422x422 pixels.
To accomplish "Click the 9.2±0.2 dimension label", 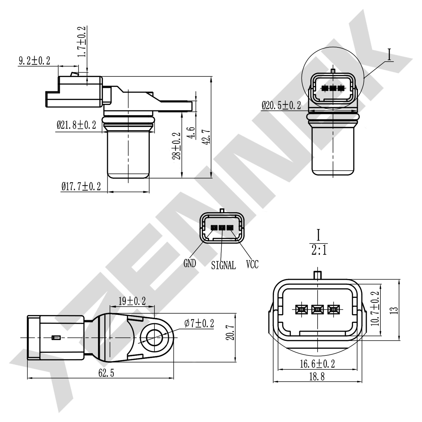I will [x=34, y=61].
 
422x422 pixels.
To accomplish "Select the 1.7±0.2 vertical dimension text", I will [x=82, y=42].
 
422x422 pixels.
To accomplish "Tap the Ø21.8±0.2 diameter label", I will [x=76, y=125].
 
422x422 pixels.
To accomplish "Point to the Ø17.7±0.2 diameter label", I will [x=81, y=186].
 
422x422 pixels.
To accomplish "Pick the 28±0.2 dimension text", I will [x=176, y=146].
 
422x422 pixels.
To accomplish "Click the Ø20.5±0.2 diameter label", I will [x=281, y=105].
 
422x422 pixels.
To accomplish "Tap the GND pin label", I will [x=190, y=263].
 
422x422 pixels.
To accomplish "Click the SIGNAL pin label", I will [x=223, y=265].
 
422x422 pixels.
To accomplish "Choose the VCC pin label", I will [x=252, y=264].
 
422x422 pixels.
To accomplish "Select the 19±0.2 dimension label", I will [x=132, y=301].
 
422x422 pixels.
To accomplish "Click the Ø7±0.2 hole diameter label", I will [x=199, y=323].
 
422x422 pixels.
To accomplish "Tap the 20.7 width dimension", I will [x=231, y=332].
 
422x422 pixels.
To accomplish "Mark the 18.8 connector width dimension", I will [x=317, y=376].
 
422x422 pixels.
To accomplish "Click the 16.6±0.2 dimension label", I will [x=317, y=364].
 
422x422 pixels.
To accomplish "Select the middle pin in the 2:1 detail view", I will [x=317, y=310].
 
